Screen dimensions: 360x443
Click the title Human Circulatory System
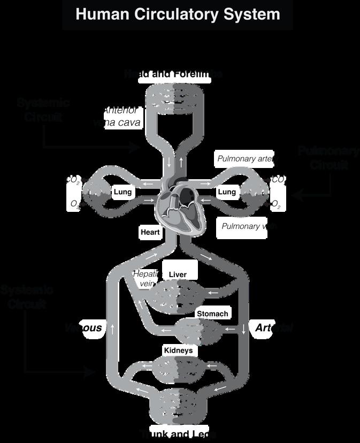click(x=178, y=14)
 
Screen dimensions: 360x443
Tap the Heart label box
click(x=150, y=233)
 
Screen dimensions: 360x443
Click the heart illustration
click(x=180, y=207)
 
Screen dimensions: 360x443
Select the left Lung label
click(x=123, y=192)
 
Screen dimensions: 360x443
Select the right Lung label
click(x=227, y=192)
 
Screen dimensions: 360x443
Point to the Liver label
click(x=178, y=274)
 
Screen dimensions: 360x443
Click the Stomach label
click(x=212, y=314)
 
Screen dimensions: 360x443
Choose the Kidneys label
click(x=178, y=350)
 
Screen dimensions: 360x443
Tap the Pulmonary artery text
click(x=246, y=159)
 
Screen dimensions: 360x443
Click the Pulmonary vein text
click(x=249, y=226)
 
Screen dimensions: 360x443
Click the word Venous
click(x=83, y=327)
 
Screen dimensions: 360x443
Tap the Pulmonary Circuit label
click(x=328, y=158)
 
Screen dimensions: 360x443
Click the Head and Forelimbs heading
click(x=173, y=74)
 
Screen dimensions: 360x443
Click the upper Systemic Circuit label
click(x=43, y=109)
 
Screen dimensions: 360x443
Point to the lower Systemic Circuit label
click(x=27, y=297)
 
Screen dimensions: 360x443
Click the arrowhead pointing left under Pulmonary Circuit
click(x=298, y=196)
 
